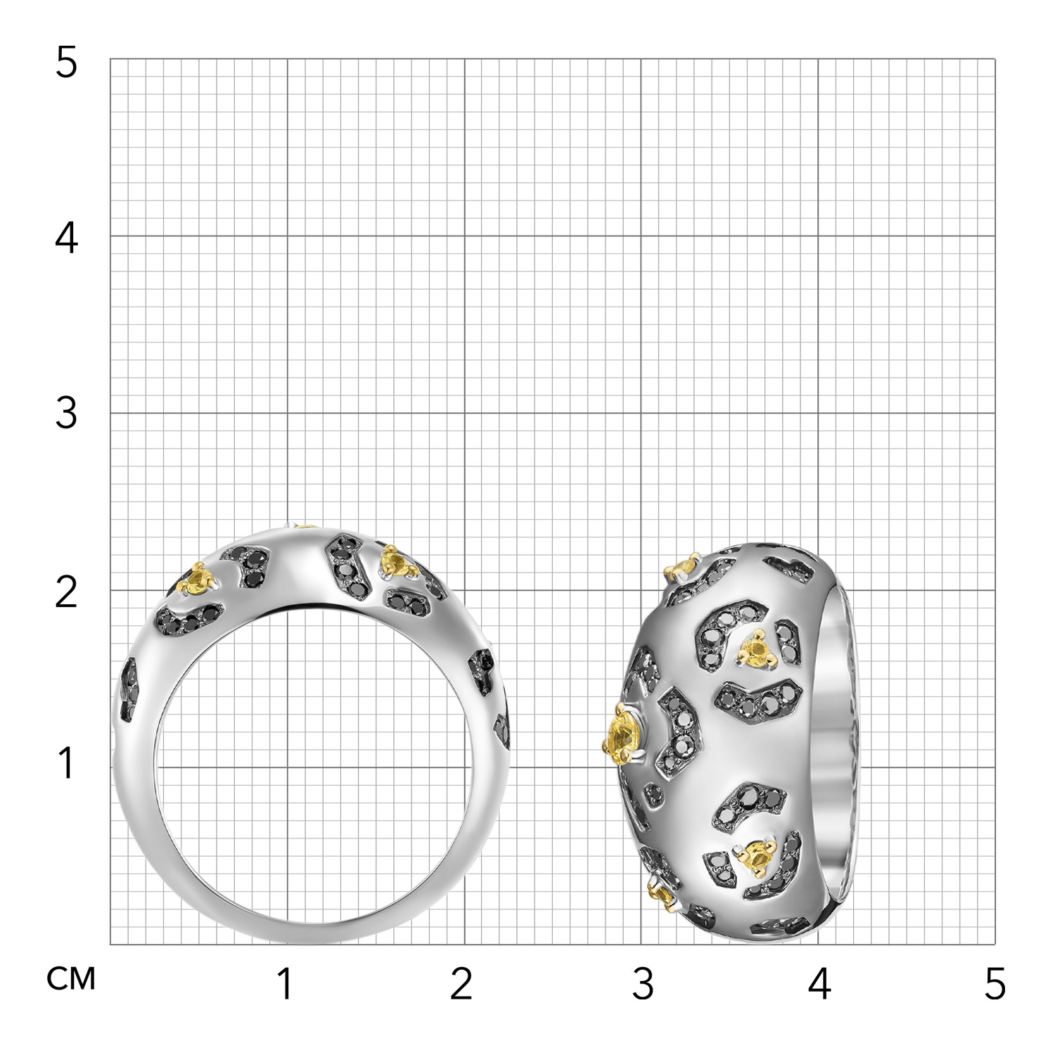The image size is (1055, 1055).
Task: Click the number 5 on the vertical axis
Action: point(65,64)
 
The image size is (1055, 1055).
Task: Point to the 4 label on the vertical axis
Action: point(65,239)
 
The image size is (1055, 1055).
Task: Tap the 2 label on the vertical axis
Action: point(65,593)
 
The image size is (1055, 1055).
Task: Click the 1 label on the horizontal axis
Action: point(285,983)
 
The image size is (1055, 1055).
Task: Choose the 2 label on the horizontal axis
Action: point(461,983)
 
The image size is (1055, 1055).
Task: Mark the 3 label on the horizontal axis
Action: point(643,983)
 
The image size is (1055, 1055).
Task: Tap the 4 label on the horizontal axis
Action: point(819,983)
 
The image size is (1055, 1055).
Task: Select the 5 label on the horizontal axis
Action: point(995,983)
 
